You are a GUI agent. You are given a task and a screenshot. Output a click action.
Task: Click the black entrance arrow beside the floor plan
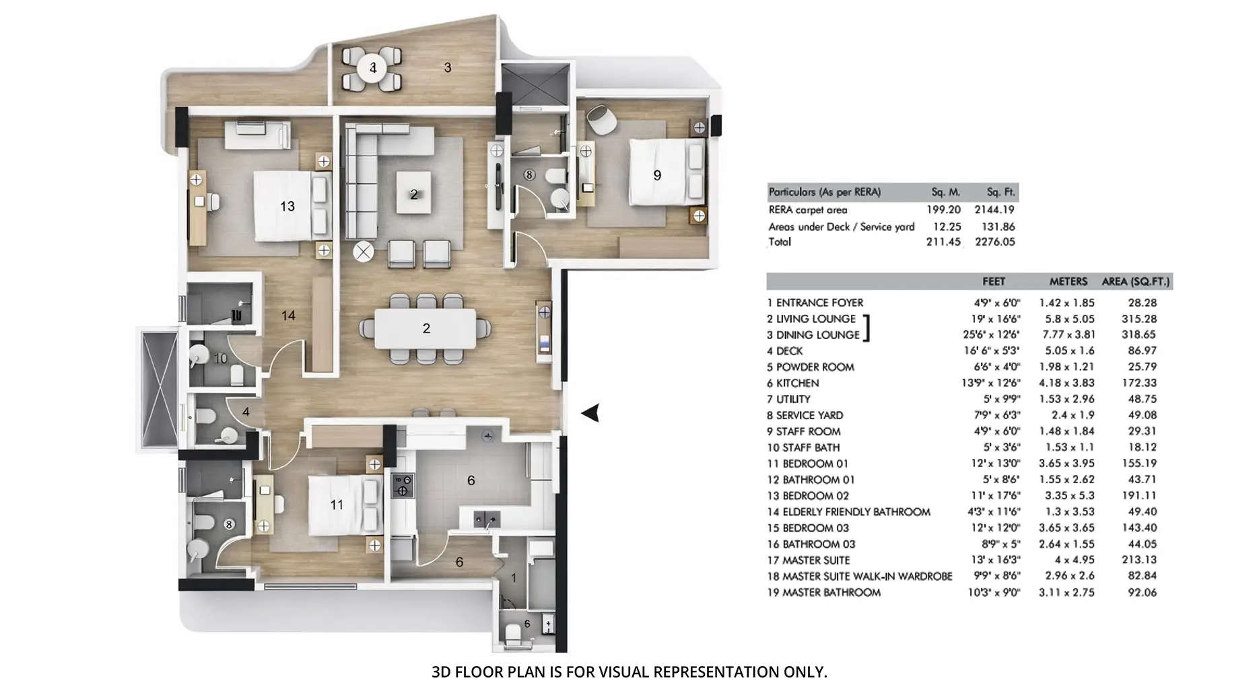coord(591,413)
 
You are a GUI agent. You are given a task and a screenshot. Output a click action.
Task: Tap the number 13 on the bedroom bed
coord(287,207)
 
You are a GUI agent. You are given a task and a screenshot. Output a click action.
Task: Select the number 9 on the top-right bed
coord(657,176)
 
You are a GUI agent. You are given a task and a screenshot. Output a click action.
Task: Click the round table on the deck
coord(372,68)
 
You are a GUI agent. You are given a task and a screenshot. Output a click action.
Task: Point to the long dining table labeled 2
coord(426,328)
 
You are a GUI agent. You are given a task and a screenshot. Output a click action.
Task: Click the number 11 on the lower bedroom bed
coord(337,505)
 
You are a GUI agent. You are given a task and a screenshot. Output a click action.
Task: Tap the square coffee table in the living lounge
coord(413,194)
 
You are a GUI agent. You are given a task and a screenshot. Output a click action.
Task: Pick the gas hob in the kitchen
coord(403,485)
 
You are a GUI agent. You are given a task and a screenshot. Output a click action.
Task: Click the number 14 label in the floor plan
coord(288,316)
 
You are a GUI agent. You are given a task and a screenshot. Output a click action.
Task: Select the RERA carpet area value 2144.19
coord(994,210)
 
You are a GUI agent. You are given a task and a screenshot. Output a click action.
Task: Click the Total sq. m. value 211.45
coord(943,242)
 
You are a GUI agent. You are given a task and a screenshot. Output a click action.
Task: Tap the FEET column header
coord(993,282)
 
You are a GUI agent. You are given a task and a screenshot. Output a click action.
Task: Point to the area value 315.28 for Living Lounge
coord(1139,319)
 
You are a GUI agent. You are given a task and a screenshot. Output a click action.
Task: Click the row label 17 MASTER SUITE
coord(809,560)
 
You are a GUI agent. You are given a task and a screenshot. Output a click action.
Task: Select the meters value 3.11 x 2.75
coord(1066,592)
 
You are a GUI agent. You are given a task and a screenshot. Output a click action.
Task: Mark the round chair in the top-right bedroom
coord(601,120)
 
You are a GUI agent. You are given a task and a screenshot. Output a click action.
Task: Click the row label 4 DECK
coord(785,351)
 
